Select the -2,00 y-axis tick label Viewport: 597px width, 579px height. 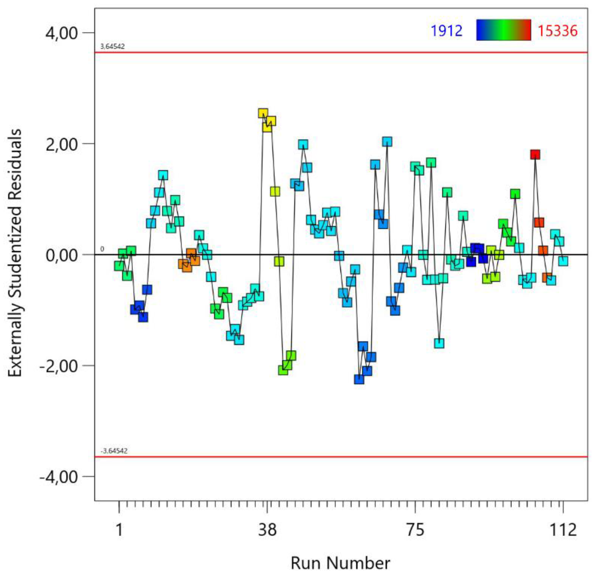click(58, 366)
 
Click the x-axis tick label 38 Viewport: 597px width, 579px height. click(267, 529)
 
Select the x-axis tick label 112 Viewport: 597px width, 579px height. click(563, 529)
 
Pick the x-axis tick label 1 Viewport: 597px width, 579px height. click(119, 529)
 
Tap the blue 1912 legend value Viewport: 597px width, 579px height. click(447, 31)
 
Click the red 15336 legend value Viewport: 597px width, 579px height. click(557, 31)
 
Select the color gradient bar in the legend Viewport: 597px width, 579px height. click(503, 30)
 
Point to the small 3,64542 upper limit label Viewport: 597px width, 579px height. click(112, 47)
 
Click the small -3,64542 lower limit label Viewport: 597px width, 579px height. click(114, 451)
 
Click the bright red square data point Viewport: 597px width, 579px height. click(535, 155)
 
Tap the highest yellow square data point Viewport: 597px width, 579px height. click(263, 113)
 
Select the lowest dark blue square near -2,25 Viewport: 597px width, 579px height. click(359, 379)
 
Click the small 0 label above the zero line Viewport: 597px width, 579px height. click(102, 249)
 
